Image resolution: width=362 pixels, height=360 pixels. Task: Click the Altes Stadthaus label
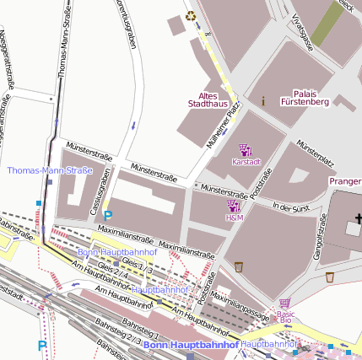click(207, 99)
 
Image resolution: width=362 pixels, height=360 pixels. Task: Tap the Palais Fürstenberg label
click(311, 97)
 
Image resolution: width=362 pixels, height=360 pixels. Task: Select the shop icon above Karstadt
click(246, 149)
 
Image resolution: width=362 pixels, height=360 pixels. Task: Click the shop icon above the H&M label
click(234, 206)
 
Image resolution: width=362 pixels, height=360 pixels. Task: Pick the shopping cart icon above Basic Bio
click(285, 304)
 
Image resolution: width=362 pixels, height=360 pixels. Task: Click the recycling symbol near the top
click(191, 14)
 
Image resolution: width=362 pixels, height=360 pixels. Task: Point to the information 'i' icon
click(263, 100)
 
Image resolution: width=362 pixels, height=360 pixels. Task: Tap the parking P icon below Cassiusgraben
click(108, 215)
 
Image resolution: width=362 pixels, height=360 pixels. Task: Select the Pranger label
click(345, 180)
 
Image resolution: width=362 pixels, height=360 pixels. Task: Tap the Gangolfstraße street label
click(321, 235)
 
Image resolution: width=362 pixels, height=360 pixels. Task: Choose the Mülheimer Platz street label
click(224, 124)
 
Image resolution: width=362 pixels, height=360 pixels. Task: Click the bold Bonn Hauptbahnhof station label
click(191, 345)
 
